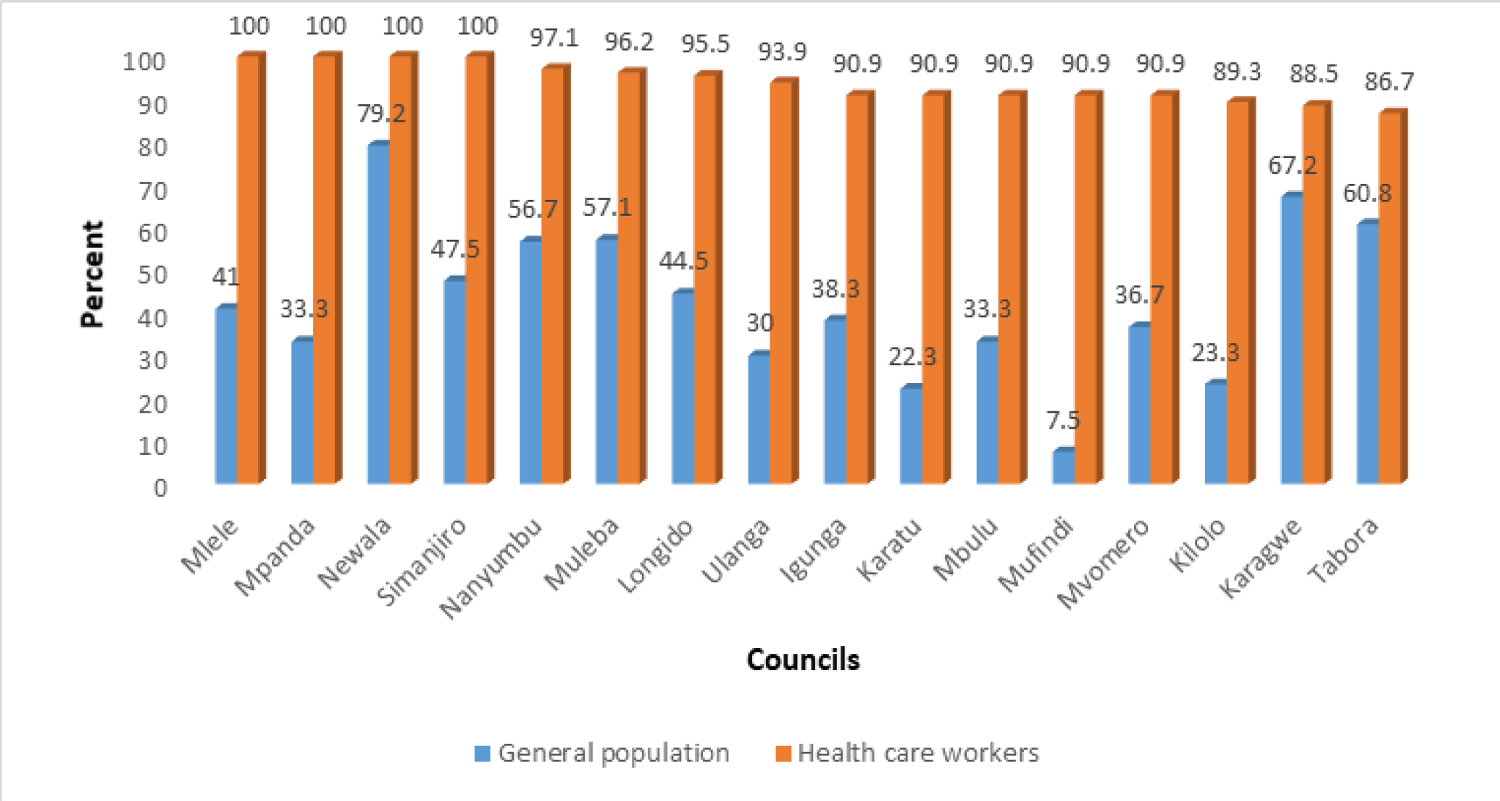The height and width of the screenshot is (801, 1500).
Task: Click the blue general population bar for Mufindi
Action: click(x=1063, y=467)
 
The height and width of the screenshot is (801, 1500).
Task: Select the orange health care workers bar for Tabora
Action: click(x=1389, y=297)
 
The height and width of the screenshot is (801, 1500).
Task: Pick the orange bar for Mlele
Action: click(x=248, y=268)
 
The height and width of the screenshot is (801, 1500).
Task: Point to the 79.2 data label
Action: click(x=381, y=114)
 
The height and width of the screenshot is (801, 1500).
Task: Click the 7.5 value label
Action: click(x=1063, y=420)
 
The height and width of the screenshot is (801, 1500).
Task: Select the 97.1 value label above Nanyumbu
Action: click(x=554, y=38)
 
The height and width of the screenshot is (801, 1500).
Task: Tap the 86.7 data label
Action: click(x=1388, y=82)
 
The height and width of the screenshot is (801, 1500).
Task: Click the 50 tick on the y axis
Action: click(x=152, y=275)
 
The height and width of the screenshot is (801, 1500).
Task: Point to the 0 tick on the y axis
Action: click(x=160, y=488)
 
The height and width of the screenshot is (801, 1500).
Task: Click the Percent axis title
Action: click(x=93, y=275)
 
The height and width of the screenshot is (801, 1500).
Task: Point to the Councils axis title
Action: click(x=803, y=660)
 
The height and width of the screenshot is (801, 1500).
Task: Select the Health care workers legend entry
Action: click(x=907, y=753)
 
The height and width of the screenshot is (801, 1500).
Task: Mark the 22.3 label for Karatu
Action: click(x=912, y=356)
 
